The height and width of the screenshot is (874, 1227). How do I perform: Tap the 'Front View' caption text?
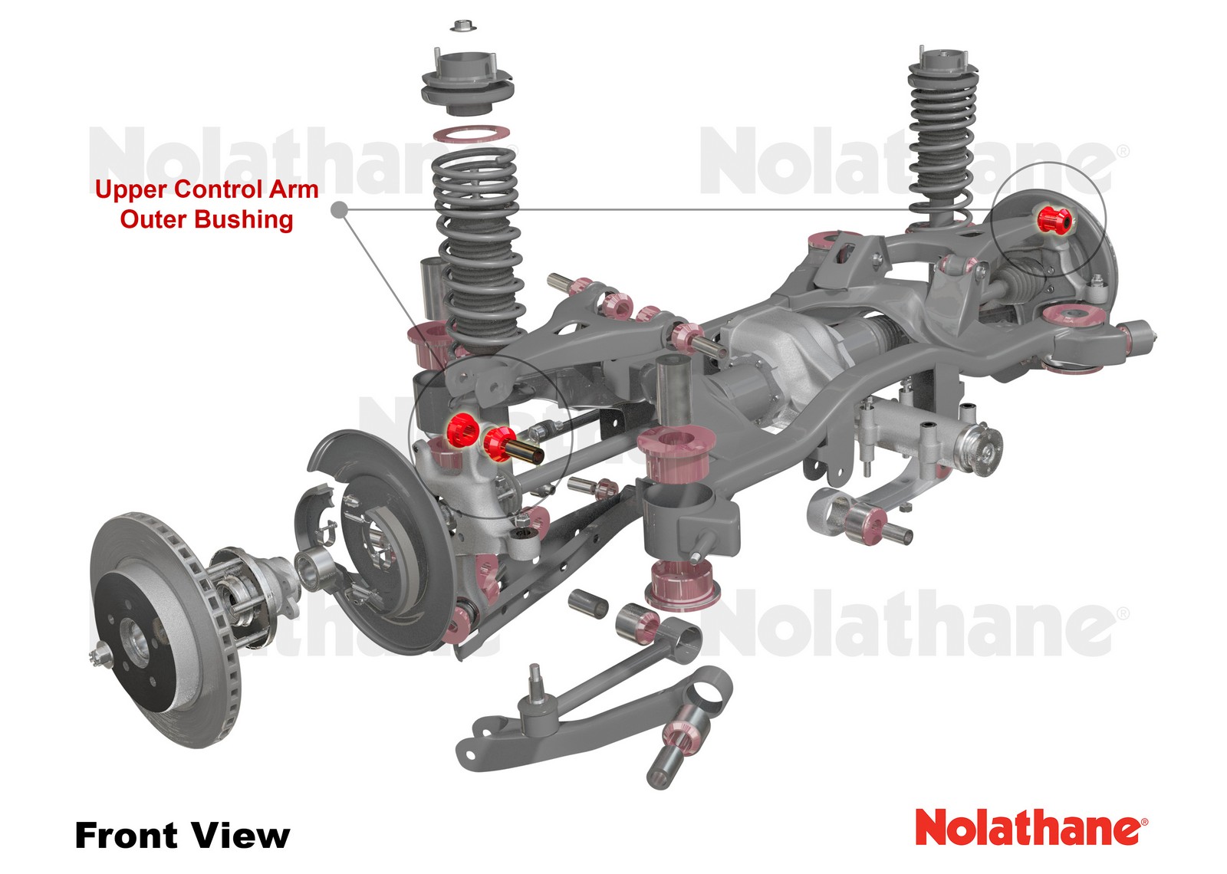pyautogui.click(x=182, y=835)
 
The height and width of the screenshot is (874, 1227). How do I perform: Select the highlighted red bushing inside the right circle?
pyautogui.click(x=1054, y=220)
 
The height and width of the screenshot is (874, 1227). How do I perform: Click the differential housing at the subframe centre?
pyautogui.click(x=767, y=360)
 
